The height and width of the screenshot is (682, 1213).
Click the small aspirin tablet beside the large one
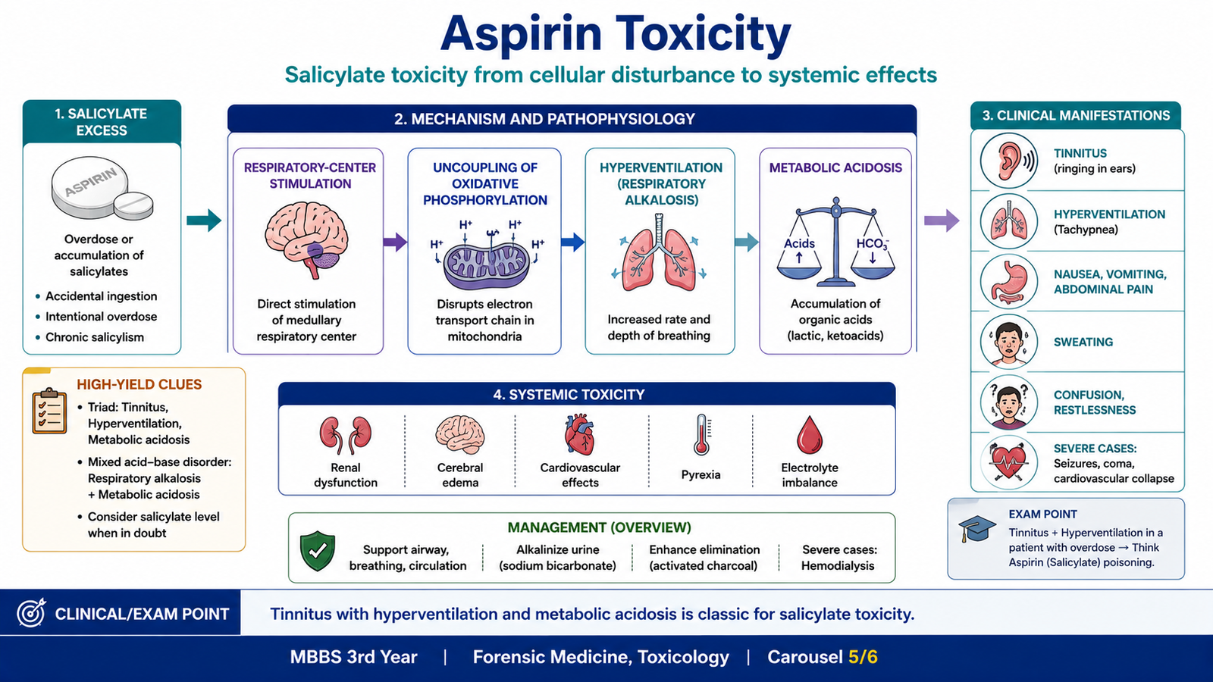coord(133,205)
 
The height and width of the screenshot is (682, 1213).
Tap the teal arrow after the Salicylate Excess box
coord(204,221)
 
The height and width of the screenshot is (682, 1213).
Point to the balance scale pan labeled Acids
coord(799,268)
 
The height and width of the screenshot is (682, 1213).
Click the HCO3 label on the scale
coord(873,244)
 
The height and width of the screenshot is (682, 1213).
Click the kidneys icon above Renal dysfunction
coord(346,434)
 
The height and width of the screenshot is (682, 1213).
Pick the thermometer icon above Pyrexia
coord(701,435)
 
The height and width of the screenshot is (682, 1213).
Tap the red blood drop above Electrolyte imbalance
coord(810,435)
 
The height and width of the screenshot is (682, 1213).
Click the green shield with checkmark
coord(318,550)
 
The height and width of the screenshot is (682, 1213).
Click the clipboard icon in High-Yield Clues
coord(49,411)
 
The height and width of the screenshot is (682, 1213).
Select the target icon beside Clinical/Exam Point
coord(31,613)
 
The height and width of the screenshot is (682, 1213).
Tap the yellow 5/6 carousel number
coord(863,657)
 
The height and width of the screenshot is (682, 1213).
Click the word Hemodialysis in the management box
coord(838,566)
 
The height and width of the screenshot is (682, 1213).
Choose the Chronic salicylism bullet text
coord(95,337)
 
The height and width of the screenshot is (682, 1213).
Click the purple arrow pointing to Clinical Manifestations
coord(942,221)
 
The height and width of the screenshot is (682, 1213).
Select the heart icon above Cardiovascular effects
coord(579,434)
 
